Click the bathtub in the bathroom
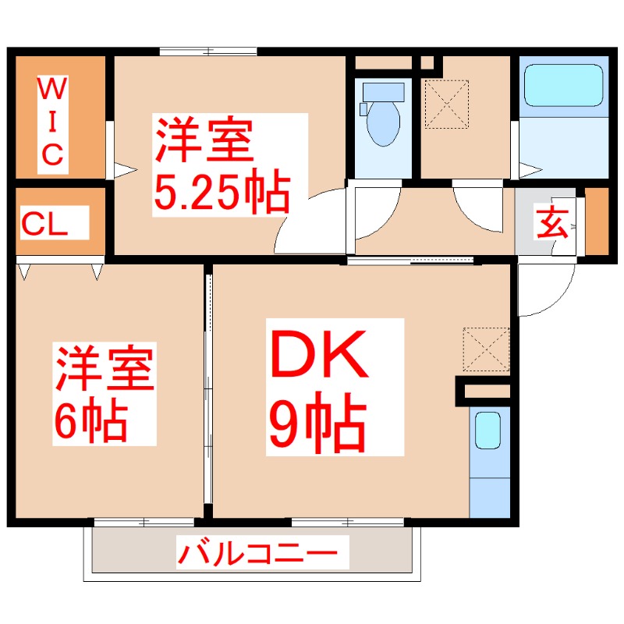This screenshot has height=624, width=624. coord(564,86)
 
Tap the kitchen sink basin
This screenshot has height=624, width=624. coord(488,430)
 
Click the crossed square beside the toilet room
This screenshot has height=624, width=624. coord(445,104)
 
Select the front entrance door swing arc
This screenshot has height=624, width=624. coord(546,292)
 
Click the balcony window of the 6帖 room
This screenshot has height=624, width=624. coord(144,520)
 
